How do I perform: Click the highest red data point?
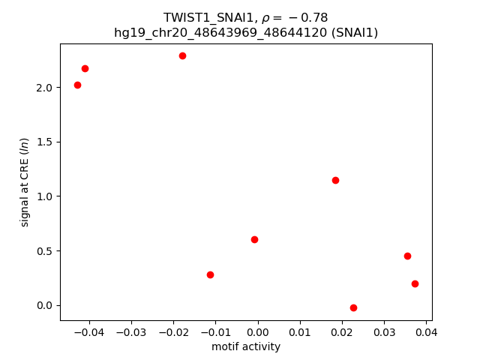point(182,55)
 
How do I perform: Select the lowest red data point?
point(353,307)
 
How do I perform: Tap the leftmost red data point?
point(77,85)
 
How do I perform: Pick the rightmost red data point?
point(415,283)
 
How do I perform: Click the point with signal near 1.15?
point(335,180)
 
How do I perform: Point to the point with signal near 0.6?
point(254,239)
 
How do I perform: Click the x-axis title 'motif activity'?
point(246,346)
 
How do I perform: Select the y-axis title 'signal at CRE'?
point(25,182)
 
